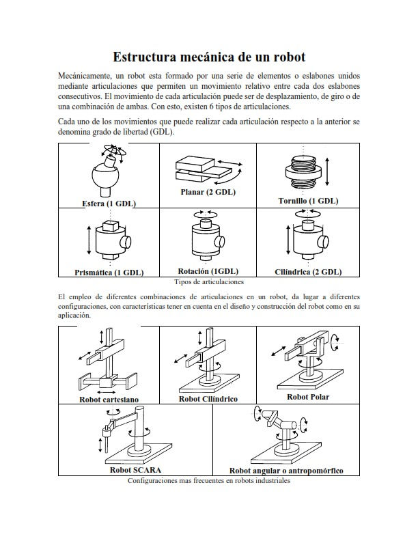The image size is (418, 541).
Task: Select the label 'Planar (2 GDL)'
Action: pos(208,192)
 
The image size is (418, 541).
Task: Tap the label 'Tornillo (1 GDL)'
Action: pos(307,201)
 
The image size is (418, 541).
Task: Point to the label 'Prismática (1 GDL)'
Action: pos(109,272)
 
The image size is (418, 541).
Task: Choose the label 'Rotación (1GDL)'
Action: pos(208,270)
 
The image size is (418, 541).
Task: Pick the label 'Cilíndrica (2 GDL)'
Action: pos(308,271)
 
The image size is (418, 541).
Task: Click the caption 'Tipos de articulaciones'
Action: pos(209,281)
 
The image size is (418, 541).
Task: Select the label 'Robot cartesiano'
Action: pos(109,399)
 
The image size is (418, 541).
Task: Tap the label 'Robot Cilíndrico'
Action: pos(208,399)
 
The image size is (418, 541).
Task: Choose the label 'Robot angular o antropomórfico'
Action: pos(285,471)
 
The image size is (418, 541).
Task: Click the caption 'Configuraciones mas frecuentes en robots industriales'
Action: pos(209,480)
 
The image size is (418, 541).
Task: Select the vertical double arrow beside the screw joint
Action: pos(329,172)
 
